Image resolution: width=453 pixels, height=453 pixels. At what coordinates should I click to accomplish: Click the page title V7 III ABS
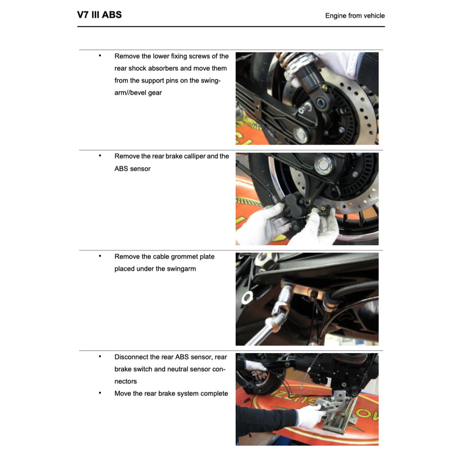[x=99, y=15]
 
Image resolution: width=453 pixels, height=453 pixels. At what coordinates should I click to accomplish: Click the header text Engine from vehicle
[x=355, y=15]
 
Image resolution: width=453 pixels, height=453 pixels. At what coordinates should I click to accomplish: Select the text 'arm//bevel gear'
[x=138, y=93]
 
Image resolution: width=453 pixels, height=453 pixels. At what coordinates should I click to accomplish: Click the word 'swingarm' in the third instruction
[x=181, y=269]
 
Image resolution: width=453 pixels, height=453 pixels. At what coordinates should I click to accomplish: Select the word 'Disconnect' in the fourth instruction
[x=131, y=357]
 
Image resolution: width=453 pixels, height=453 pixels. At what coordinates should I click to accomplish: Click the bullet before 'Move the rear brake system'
[x=100, y=393]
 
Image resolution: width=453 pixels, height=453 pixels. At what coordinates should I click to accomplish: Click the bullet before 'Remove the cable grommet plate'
[x=100, y=256]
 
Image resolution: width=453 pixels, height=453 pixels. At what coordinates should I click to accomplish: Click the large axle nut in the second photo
[x=323, y=165]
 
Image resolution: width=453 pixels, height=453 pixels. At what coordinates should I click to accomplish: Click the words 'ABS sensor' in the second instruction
[x=132, y=169]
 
